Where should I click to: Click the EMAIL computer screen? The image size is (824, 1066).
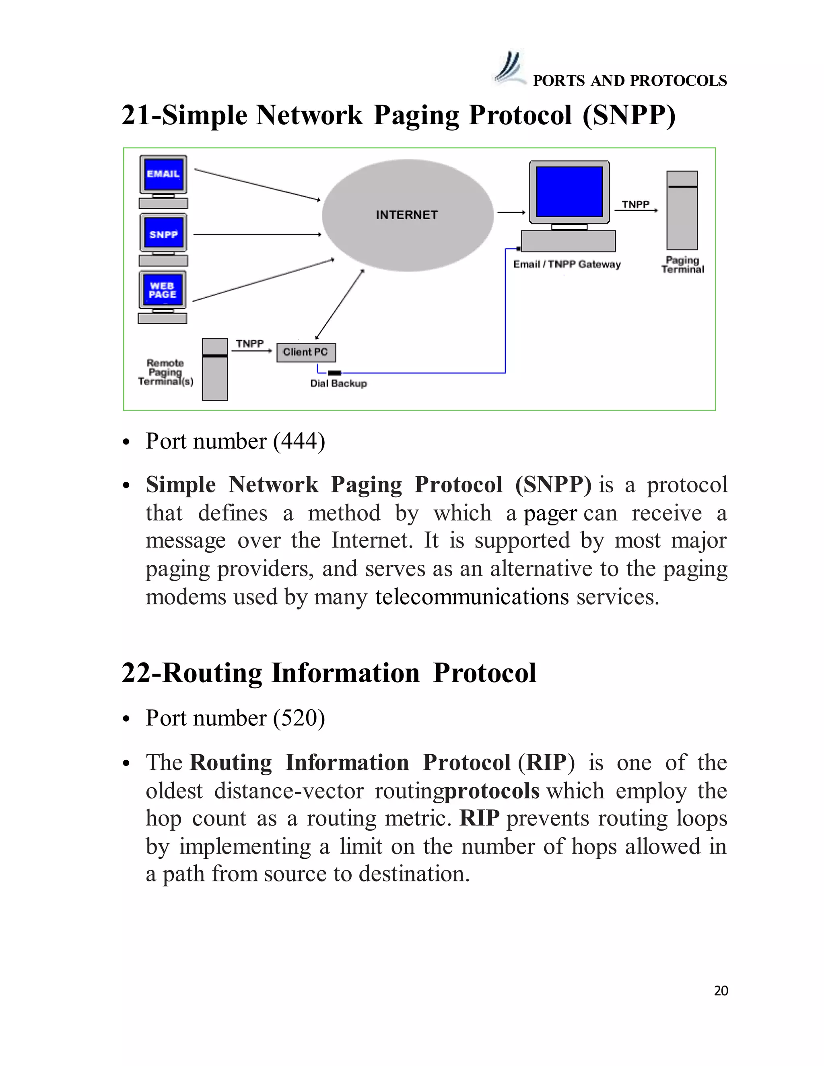pyautogui.click(x=163, y=174)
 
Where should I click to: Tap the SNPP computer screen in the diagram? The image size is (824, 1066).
pyautogui.click(x=163, y=234)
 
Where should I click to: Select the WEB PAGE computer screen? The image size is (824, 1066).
pyautogui.click(x=163, y=290)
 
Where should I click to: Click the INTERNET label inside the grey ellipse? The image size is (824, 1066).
pyautogui.click(x=407, y=215)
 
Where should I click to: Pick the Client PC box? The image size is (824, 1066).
pyautogui.click(x=306, y=352)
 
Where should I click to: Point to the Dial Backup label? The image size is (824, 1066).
pyautogui.click(x=338, y=383)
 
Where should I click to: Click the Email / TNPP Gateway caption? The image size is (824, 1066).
pyautogui.click(x=567, y=264)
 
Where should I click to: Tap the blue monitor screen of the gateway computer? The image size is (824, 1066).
pyautogui.click(x=569, y=191)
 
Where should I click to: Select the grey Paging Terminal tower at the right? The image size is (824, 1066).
pyautogui.click(x=682, y=210)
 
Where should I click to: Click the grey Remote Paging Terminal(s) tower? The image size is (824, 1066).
pyautogui.click(x=215, y=370)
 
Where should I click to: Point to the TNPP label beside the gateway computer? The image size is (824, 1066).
pyautogui.click(x=636, y=204)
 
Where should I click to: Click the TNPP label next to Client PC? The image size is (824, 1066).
pyautogui.click(x=249, y=344)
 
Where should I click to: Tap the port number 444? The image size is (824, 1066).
pyautogui.click(x=299, y=441)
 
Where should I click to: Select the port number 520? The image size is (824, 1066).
pyautogui.click(x=299, y=718)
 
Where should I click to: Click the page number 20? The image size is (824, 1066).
pyautogui.click(x=721, y=990)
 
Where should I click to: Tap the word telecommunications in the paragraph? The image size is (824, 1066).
pyautogui.click(x=472, y=597)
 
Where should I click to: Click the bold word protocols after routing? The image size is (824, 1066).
pyautogui.click(x=492, y=791)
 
